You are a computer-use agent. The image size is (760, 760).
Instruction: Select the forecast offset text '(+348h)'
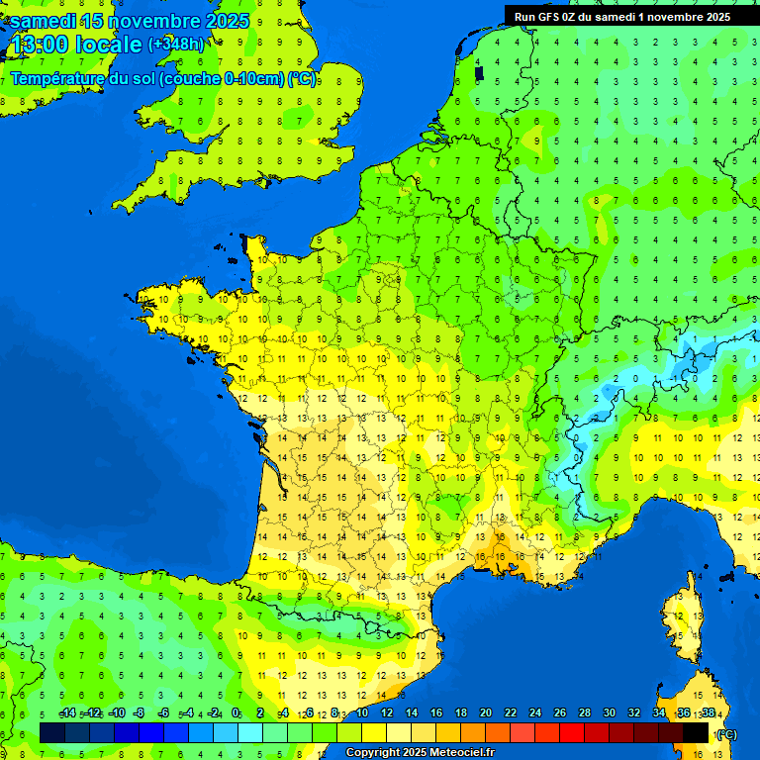click(176, 44)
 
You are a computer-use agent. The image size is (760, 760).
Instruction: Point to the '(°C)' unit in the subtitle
click(302, 79)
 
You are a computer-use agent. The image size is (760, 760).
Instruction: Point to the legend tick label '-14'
click(67, 713)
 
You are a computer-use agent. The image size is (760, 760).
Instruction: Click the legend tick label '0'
click(236, 713)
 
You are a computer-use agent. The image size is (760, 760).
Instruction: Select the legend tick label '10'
click(361, 713)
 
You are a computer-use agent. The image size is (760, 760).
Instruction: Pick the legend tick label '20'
click(485, 713)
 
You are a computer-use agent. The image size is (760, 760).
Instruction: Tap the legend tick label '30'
click(609, 713)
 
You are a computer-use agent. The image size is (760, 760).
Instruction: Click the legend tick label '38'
click(709, 713)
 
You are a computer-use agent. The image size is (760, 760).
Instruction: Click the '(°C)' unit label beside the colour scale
click(727, 733)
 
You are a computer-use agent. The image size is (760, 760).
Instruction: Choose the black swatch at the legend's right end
click(696, 732)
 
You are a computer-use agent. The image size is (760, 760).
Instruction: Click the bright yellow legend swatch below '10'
click(374, 732)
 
